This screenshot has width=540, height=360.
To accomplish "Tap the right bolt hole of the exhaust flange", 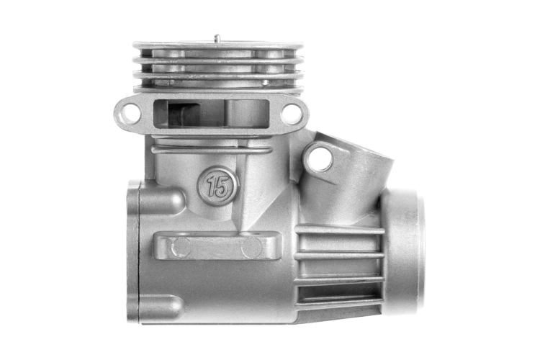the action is [290, 113].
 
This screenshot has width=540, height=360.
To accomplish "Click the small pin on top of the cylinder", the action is [217, 38].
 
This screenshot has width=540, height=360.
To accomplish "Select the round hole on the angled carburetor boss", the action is [320, 158].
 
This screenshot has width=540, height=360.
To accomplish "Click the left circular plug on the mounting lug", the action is [181, 247].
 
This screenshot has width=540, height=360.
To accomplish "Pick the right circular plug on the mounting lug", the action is [252, 248].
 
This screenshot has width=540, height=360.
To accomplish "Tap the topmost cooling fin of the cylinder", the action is [218, 46].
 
